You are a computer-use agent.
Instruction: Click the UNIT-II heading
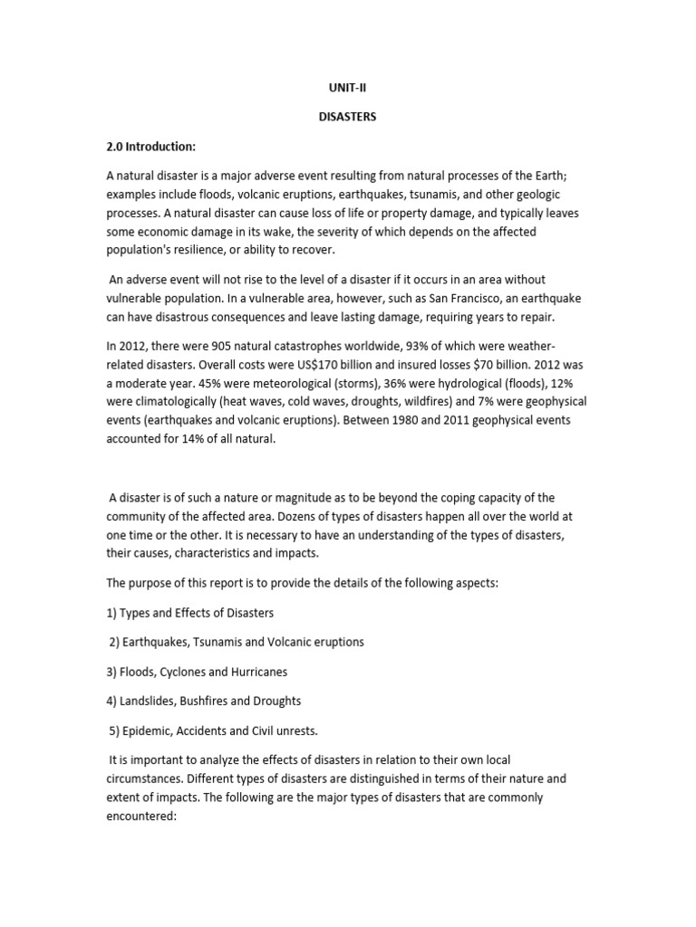click(x=347, y=88)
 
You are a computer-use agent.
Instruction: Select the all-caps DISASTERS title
click(x=348, y=117)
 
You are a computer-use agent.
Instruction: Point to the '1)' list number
click(x=112, y=613)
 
